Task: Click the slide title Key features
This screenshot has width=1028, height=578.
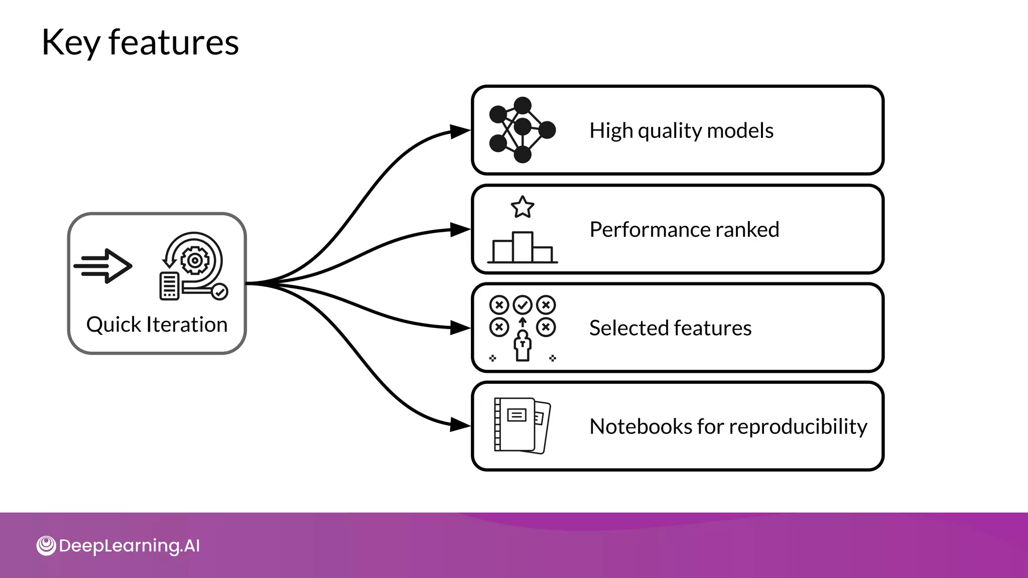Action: pyautogui.click(x=140, y=43)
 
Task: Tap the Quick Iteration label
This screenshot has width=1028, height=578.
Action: pyautogui.click(x=157, y=325)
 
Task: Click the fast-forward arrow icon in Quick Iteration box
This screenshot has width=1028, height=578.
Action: pyautogui.click(x=104, y=266)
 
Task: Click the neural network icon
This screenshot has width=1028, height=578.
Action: pyautogui.click(x=522, y=130)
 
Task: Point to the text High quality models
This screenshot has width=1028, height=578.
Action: pyautogui.click(x=681, y=130)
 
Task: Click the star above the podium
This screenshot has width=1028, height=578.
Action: pyautogui.click(x=523, y=207)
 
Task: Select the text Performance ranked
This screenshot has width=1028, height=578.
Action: pyautogui.click(x=684, y=229)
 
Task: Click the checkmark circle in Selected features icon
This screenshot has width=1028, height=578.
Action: pyautogui.click(x=523, y=305)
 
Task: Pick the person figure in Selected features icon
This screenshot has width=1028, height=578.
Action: pyautogui.click(x=523, y=346)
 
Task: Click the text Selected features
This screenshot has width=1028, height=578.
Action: pyautogui.click(x=670, y=328)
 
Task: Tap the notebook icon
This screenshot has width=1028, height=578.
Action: pyautogui.click(x=522, y=425)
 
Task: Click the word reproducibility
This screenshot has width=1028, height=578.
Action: pyautogui.click(x=798, y=426)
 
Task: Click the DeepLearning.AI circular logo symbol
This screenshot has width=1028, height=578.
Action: pyautogui.click(x=46, y=545)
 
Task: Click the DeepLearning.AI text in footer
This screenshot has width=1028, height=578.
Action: pyautogui.click(x=130, y=545)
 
